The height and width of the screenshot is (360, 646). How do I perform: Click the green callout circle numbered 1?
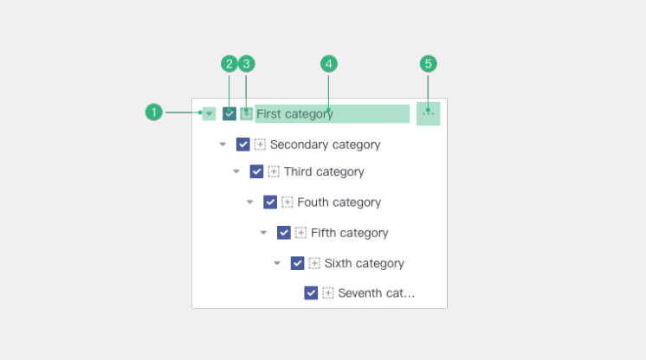pyautogui.click(x=153, y=112)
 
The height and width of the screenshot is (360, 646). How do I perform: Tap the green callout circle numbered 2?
pyautogui.click(x=229, y=64)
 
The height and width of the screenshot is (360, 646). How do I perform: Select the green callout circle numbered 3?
pyautogui.click(x=247, y=64)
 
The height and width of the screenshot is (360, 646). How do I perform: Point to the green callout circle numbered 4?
pyautogui.click(x=329, y=64)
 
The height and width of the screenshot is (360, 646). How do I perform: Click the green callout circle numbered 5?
pyautogui.click(x=428, y=64)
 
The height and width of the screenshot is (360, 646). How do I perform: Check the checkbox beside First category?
pyautogui.click(x=229, y=113)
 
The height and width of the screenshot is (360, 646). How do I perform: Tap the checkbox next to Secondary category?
pyautogui.click(x=243, y=145)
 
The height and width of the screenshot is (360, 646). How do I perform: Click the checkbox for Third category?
pyautogui.click(x=256, y=171)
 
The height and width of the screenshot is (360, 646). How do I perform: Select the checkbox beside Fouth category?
pyautogui.click(x=270, y=202)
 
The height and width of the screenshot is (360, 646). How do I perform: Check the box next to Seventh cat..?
pyautogui.click(x=311, y=292)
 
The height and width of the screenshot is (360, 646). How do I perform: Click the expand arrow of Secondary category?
pyautogui.click(x=223, y=145)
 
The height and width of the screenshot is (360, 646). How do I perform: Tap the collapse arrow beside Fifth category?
pyautogui.click(x=263, y=233)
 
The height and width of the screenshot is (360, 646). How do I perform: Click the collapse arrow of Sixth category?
pyautogui.click(x=277, y=263)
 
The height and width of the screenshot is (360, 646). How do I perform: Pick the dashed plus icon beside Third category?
pyautogui.click(x=274, y=171)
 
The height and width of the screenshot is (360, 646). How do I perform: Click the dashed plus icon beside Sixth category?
pyautogui.click(x=314, y=263)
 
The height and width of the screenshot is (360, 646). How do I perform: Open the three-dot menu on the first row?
pyautogui.click(x=429, y=113)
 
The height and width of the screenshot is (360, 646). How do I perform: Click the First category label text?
pyautogui.click(x=294, y=113)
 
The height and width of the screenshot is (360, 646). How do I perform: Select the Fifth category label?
pyautogui.click(x=349, y=233)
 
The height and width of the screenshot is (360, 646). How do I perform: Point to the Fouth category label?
pyautogui.click(x=339, y=202)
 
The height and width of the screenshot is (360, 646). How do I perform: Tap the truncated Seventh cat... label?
pyautogui.click(x=376, y=292)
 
